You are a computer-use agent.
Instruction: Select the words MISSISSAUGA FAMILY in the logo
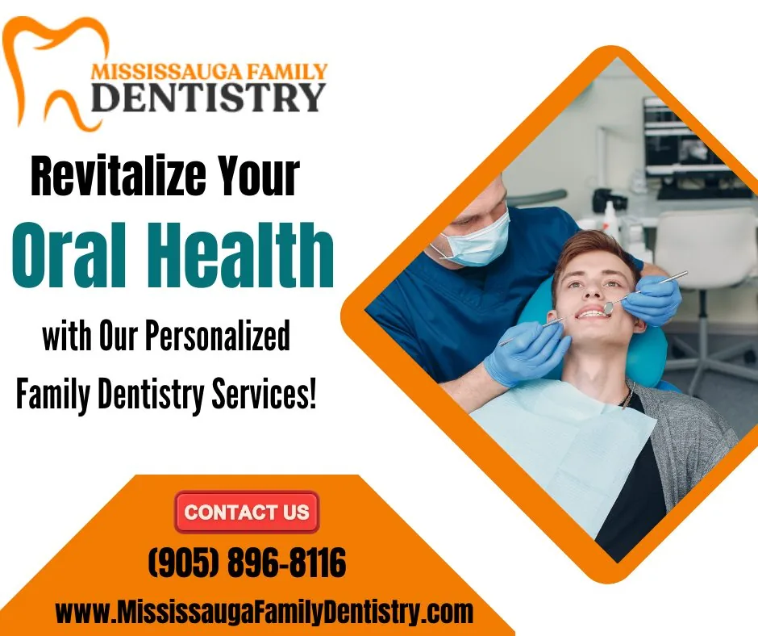tap(209, 70)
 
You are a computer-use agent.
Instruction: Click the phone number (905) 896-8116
tap(247, 563)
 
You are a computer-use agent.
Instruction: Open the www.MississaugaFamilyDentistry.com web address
tap(264, 612)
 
